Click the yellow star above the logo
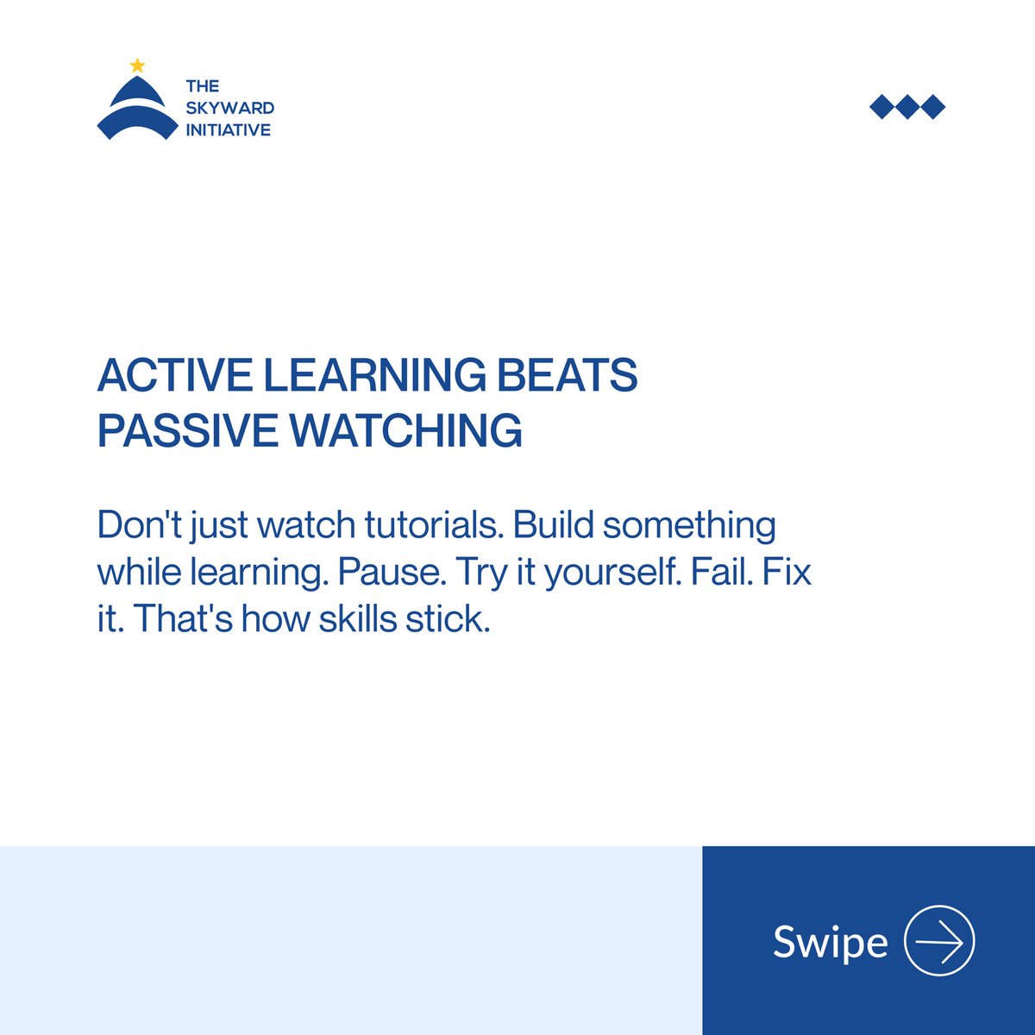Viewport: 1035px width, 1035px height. (137, 66)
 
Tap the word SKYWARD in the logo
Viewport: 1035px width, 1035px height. (229, 108)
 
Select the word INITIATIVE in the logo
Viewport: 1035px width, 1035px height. (228, 130)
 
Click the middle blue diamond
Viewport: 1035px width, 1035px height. (907, 107)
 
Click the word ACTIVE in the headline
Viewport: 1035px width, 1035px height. (174, 375)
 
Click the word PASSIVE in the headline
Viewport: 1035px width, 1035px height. (187, 430)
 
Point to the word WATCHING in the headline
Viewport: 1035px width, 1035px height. (405, 430)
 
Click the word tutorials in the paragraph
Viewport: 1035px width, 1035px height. (433, 525)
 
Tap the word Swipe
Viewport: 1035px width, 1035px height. (830, 942)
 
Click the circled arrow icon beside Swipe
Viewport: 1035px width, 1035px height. (939, 941)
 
